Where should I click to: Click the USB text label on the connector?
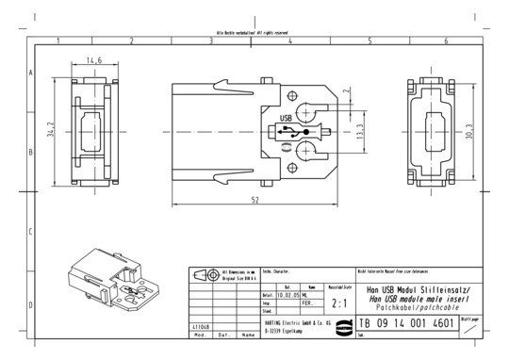click(x=286, y=118)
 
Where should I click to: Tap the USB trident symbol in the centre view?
click(x=304, y=130)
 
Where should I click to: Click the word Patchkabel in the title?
click(x=394, y=306)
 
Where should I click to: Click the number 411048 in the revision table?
click(x=202, y=325)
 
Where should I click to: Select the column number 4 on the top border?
click(x=290, y=41)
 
